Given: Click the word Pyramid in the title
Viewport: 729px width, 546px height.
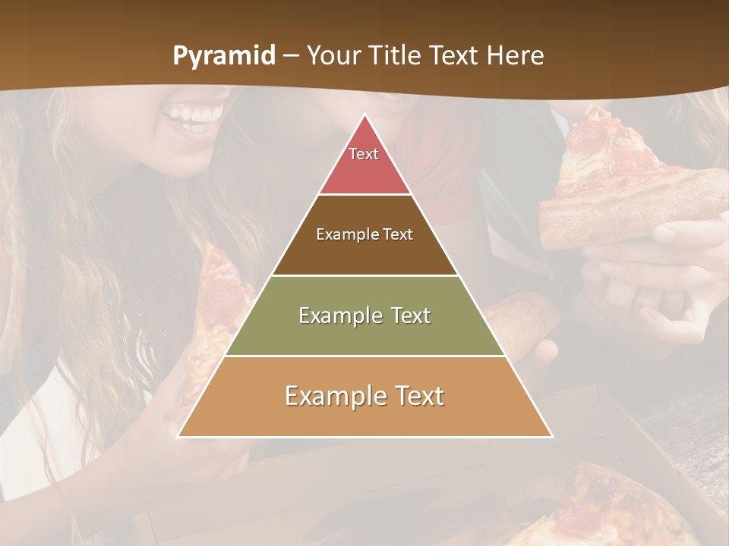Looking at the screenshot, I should point(224,56).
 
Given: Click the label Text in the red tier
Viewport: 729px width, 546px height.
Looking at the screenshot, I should point(364,154).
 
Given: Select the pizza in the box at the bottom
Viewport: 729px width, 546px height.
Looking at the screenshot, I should point(607,508).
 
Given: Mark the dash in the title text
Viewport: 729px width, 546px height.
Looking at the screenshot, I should point(291,56).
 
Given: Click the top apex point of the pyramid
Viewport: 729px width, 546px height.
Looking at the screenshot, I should point(364,116).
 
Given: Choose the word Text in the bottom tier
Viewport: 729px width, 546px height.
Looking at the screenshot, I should point(415,396).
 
